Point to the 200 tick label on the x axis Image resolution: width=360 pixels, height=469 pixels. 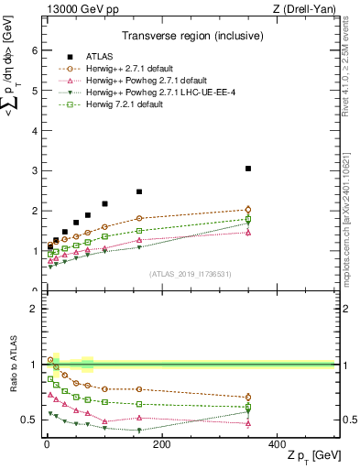(161, 443)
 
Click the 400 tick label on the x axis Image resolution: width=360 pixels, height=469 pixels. (277, 443)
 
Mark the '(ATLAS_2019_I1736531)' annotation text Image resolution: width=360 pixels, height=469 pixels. (191, 274)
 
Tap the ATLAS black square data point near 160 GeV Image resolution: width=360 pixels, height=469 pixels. (139, 191)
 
